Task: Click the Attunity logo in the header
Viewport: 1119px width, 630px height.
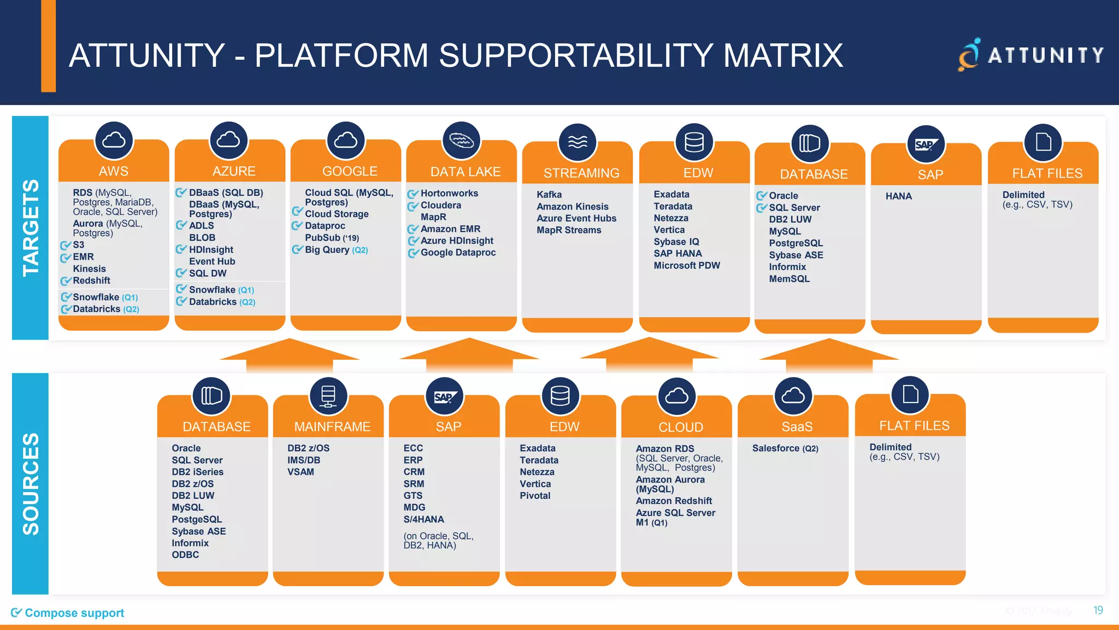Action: tap(1030, 55)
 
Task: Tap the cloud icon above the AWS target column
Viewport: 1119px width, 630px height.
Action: tap(114, 141)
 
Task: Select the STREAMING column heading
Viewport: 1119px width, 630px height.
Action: tap(581, 173)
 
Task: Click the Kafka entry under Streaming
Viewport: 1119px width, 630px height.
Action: tap(549, 195)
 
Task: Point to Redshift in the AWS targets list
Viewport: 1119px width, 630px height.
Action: tap(91, 281)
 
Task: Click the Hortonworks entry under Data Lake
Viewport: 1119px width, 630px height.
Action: tap(449, 194)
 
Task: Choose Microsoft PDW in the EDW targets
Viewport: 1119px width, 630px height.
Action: tap(687, 266)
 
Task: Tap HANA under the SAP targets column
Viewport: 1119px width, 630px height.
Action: tap(899, 196)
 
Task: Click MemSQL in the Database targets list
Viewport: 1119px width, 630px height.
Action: tap(790, 279)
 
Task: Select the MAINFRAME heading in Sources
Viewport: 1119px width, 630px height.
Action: tap(332, 427)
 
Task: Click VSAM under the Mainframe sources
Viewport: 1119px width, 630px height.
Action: tap(301, 472)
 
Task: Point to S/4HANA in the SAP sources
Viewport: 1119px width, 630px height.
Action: tap(423, 520)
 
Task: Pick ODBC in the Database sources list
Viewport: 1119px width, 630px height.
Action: tap(185, 555)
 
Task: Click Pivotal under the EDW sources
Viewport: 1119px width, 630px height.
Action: tap(535, 496)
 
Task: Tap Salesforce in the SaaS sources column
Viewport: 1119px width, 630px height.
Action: tap(776, 448)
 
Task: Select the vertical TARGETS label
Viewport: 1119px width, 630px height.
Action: tap(31, 227)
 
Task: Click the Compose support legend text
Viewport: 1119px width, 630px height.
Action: tap(74, 613)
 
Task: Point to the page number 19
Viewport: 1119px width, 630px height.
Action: tap(1098, 610)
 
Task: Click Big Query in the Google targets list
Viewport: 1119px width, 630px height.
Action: tap(327, 250)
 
